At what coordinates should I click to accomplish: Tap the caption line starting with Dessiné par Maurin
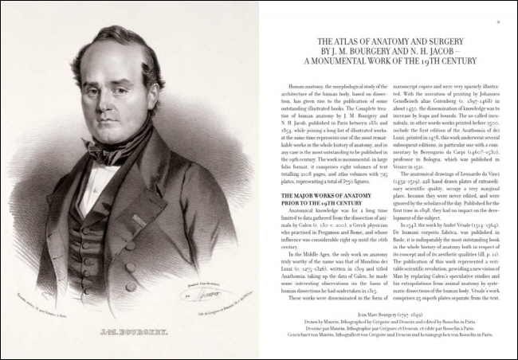tap(390, 337)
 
